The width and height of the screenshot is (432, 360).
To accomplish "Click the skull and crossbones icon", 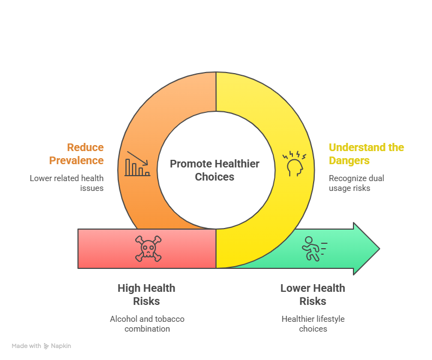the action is click(x=148, y=248).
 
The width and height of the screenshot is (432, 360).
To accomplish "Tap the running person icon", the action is click(x=314, y=249).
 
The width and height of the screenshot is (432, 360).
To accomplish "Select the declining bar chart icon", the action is click(x=137, y=164).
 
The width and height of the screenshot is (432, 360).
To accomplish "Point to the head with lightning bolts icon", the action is click(x=294, y=163).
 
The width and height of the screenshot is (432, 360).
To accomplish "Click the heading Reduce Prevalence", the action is click(x=76, y=154).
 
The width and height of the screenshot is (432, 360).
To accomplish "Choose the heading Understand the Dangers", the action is click(x=366, y=154).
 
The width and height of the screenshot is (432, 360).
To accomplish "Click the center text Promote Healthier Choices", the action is click(x=214, y=170).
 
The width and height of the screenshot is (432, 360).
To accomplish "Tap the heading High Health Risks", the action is click(x=146, y=295).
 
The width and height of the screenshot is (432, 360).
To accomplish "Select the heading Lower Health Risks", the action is click(x=313, y=295).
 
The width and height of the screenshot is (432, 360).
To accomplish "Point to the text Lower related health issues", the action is click(x=67, y=183).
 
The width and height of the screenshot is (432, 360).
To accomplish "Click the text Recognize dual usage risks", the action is click(x=356, y=183).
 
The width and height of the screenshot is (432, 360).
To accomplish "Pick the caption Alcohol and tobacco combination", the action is click(x=147, y=323).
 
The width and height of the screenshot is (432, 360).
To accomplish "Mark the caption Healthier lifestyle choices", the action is click(x=313, y=323).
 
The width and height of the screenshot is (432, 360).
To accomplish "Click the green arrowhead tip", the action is click(x=380, y=248).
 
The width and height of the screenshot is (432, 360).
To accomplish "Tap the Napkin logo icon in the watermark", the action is click(x=46, y=346).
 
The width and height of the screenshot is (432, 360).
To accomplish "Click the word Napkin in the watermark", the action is click(x=61, y=346).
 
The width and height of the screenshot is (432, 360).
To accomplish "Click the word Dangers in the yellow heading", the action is click(x=349, y=160).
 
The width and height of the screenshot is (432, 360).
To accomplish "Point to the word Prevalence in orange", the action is click(x=76, y=160).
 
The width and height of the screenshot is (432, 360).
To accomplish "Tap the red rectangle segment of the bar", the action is click(x=147, y=248).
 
